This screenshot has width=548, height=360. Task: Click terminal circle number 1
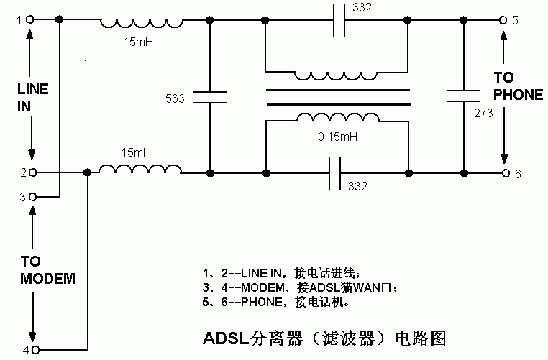30,21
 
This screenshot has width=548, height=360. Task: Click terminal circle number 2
32,172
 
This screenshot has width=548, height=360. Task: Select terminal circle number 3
32,195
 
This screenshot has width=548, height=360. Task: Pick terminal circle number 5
504,21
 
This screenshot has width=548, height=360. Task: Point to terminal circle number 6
506,173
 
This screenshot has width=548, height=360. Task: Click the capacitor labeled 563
210,97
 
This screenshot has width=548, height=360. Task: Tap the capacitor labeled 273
463,97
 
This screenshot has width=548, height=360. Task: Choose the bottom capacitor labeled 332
338,173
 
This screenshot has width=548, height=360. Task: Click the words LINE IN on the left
32,97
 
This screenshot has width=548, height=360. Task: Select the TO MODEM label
47,269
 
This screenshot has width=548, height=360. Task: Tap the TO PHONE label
517,86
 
